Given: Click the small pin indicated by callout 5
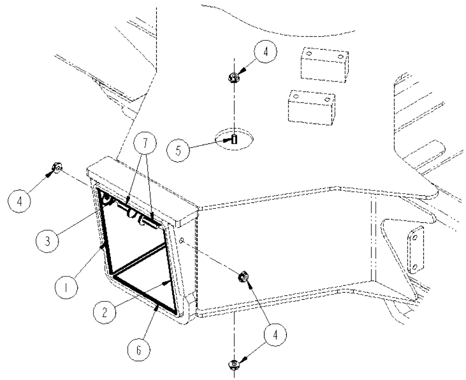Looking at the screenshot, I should click(234, 139).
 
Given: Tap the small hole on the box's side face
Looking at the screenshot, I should click(182, 241).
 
